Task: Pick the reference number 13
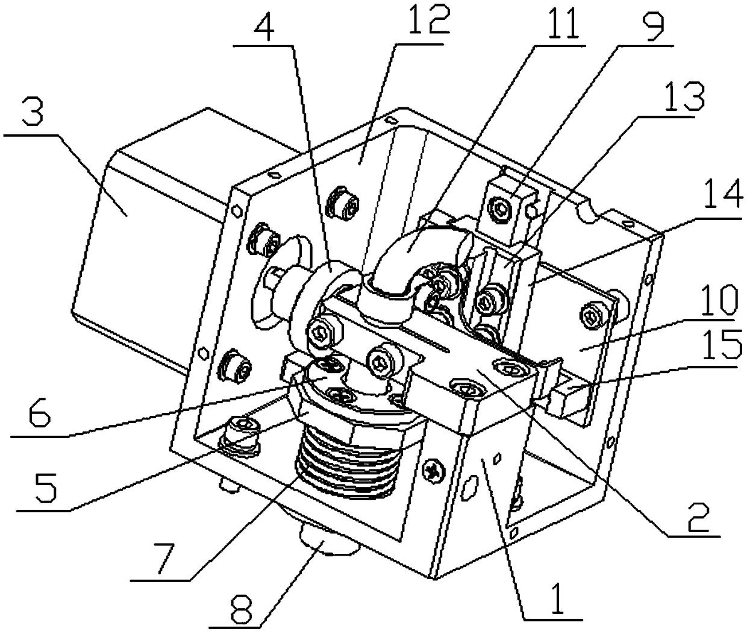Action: (x=685, y=98)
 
